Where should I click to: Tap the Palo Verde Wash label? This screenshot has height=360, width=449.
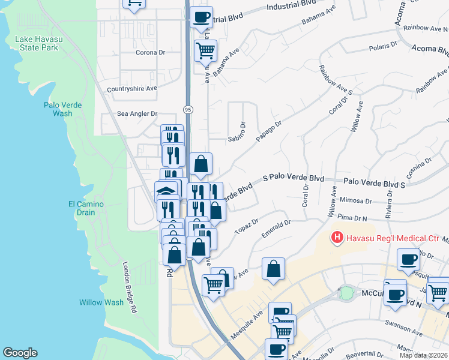(59, 109)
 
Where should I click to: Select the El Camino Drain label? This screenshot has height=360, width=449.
(86, 208)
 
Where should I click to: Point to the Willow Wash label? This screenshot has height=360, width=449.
(101, 302)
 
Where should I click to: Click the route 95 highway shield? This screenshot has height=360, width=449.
(187, 109)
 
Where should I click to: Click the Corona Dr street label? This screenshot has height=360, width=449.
(151, 53)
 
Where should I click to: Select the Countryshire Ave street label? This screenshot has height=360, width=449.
(131, 89)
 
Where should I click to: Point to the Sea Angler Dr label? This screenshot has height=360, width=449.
(137, 113)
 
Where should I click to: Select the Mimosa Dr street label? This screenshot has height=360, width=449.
(356, 202)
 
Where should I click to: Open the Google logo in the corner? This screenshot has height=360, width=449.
(20, 353)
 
